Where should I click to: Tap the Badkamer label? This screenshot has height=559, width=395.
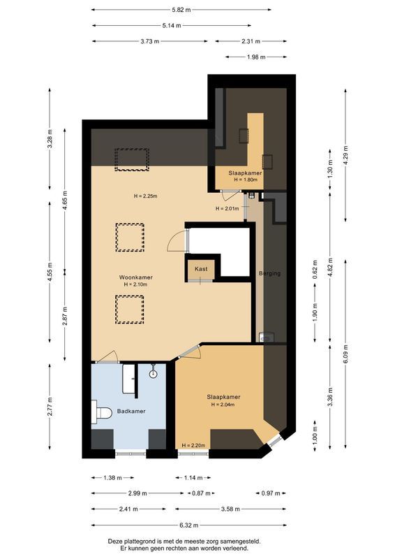point(131,411)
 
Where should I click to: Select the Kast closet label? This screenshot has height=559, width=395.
point(201,269)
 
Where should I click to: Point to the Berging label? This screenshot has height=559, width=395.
point(269,273)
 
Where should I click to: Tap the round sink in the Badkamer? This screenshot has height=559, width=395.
point(153,374)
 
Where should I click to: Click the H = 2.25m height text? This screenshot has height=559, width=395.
point(146,196)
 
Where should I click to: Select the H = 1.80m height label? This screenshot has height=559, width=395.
point(246,180)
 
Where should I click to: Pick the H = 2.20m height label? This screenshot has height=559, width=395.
point(193,445)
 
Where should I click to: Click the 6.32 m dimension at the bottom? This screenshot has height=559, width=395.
point(189,525)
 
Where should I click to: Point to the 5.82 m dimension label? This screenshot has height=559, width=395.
point(181,10)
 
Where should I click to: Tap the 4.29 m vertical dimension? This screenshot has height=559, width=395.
point(345,151)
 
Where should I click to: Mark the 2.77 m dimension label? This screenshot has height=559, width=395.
point(50,407)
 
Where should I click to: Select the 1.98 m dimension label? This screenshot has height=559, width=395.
point(256,57)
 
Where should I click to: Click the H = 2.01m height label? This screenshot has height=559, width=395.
point(228,208)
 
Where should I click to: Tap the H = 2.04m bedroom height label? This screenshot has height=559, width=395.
point(223,405)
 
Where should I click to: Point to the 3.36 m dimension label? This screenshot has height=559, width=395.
point(330,397)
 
